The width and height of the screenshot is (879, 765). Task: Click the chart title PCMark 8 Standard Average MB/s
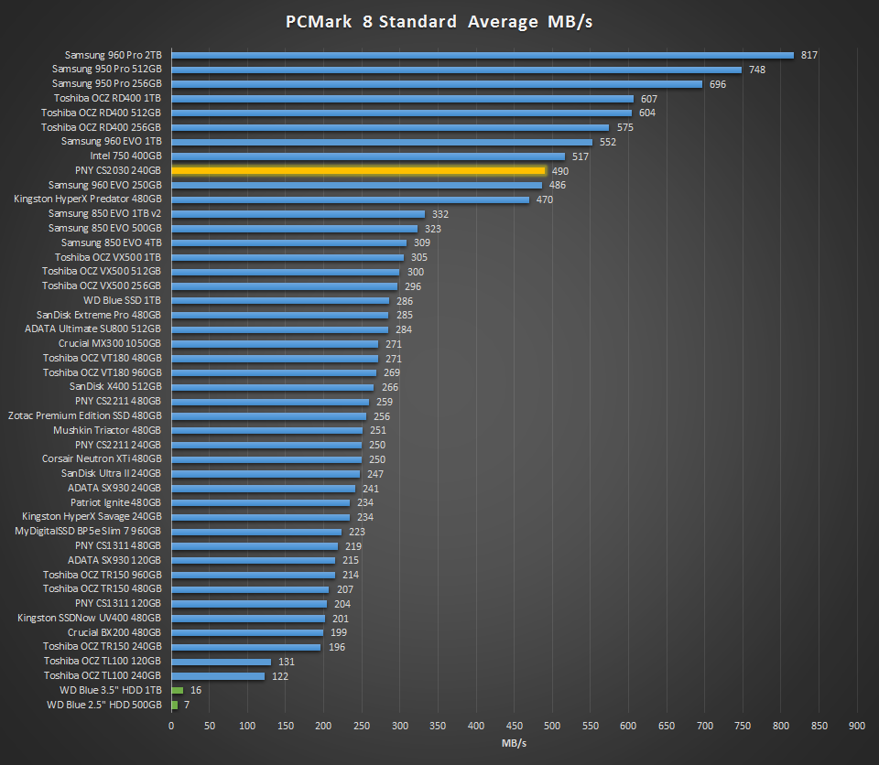(439, 21)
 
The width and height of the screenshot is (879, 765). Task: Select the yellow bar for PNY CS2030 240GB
(358, 170)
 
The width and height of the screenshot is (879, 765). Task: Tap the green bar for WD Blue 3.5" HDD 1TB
(177, 690)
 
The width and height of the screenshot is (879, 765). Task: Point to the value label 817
(808, 55)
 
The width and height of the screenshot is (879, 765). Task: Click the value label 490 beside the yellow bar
(560, 171)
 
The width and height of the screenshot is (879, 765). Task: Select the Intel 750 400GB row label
(125, 156)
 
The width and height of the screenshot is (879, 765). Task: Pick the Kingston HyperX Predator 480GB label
(88, 199)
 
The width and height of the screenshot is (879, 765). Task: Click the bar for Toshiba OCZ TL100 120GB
(221, 662)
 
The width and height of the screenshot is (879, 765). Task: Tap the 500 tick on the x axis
(552, 726)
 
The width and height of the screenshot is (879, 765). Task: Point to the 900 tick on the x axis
(857, 726)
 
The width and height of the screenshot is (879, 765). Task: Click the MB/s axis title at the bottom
(514, 744)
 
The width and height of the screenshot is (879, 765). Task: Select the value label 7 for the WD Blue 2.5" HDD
(187, 705)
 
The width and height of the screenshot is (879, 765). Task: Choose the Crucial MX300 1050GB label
(110, 344)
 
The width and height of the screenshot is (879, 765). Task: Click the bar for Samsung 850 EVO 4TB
(288, 242)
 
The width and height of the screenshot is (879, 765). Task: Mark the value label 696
(718, 84)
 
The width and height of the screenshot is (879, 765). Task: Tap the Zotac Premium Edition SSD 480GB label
(85, 416)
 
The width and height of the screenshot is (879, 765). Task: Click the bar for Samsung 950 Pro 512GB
(456, 70)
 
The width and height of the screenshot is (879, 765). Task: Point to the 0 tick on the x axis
(171, 726)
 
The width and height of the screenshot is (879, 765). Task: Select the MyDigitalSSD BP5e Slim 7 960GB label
(89, 532)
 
